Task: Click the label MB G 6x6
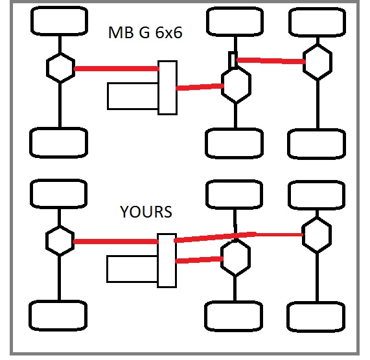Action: (x=145, y=32)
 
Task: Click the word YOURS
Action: (x=146, y=212)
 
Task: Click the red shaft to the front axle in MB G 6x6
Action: (x=117, y=69)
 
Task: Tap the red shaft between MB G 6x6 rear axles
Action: (x=271, y=61)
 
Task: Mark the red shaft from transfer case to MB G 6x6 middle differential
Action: (x=200, y=87)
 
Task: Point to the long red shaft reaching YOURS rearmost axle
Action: (x=238, y=236)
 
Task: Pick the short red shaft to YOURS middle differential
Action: (x=199, y=260)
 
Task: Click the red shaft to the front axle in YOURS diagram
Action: (x=115, y=242)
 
